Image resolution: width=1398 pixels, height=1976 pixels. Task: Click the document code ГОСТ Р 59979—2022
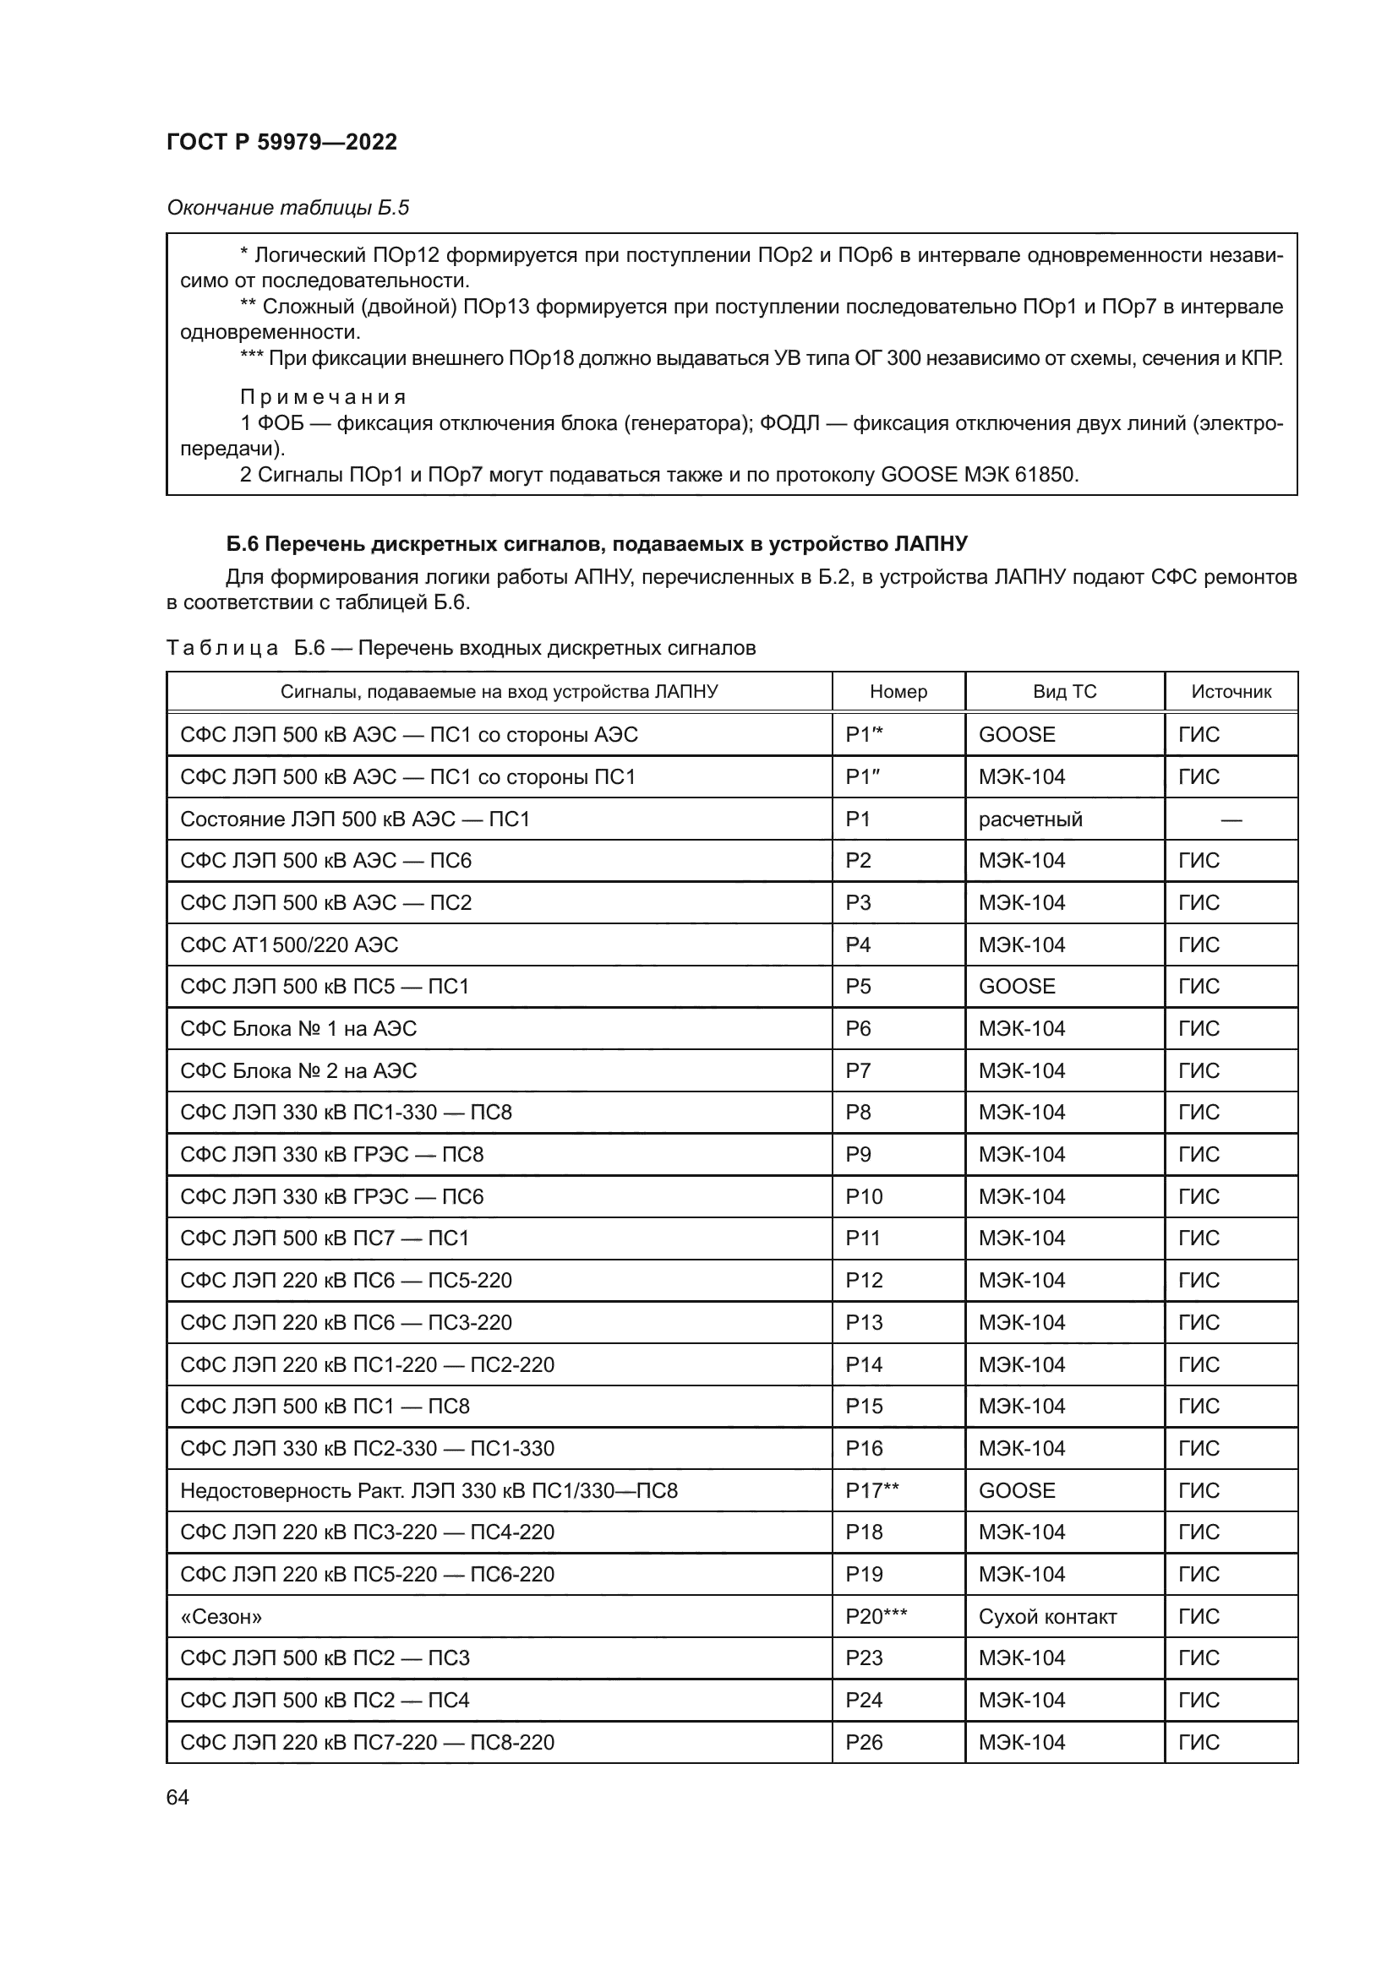tap(281, 142)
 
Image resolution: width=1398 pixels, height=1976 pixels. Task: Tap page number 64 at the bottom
tap(177, 1797)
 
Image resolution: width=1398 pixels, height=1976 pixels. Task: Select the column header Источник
tap(1230, 692)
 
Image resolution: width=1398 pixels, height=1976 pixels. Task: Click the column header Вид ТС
tap(1064, 692)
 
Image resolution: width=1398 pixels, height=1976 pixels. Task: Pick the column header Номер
tap(898, 692)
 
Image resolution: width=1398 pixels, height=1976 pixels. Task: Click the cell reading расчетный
tap(1029, 819)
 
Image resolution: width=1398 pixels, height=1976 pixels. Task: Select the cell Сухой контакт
tap(1046, 1617)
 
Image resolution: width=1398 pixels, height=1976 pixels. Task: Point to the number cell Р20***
tap(876, 1617)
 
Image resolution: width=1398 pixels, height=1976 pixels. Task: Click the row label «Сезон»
tap(221, 1617)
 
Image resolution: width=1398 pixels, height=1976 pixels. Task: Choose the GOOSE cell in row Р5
tap(1016, 986)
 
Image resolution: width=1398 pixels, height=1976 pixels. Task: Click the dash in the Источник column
tap(1230, 819)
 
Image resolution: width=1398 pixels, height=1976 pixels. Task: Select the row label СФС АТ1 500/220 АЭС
tap(289, 945)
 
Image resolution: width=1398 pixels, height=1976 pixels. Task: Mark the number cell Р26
tap(864, 1743)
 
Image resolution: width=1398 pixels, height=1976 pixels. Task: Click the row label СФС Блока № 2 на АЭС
tap(298, 1070)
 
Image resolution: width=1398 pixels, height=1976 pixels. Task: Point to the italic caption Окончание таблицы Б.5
tap(287, 208)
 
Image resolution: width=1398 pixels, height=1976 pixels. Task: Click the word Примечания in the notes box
tap(322, 397)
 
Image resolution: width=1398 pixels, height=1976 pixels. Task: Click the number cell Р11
tap(864, 1238)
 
